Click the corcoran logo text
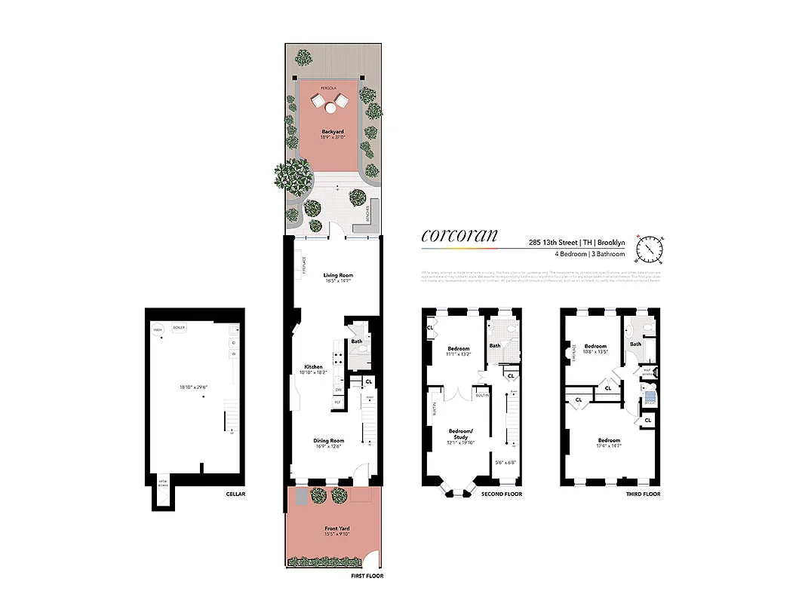[459, 234]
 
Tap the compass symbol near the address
[650, 246]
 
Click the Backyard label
[333, 132]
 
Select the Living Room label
[338, 275]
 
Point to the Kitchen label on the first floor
[313, 367]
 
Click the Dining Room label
[329, 440]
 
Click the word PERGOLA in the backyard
[328, 88]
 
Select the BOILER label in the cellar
[179, 328]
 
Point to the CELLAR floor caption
[235, 494]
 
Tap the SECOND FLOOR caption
[502, 494]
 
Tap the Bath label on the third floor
[636, 344]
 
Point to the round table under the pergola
[330, 109]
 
